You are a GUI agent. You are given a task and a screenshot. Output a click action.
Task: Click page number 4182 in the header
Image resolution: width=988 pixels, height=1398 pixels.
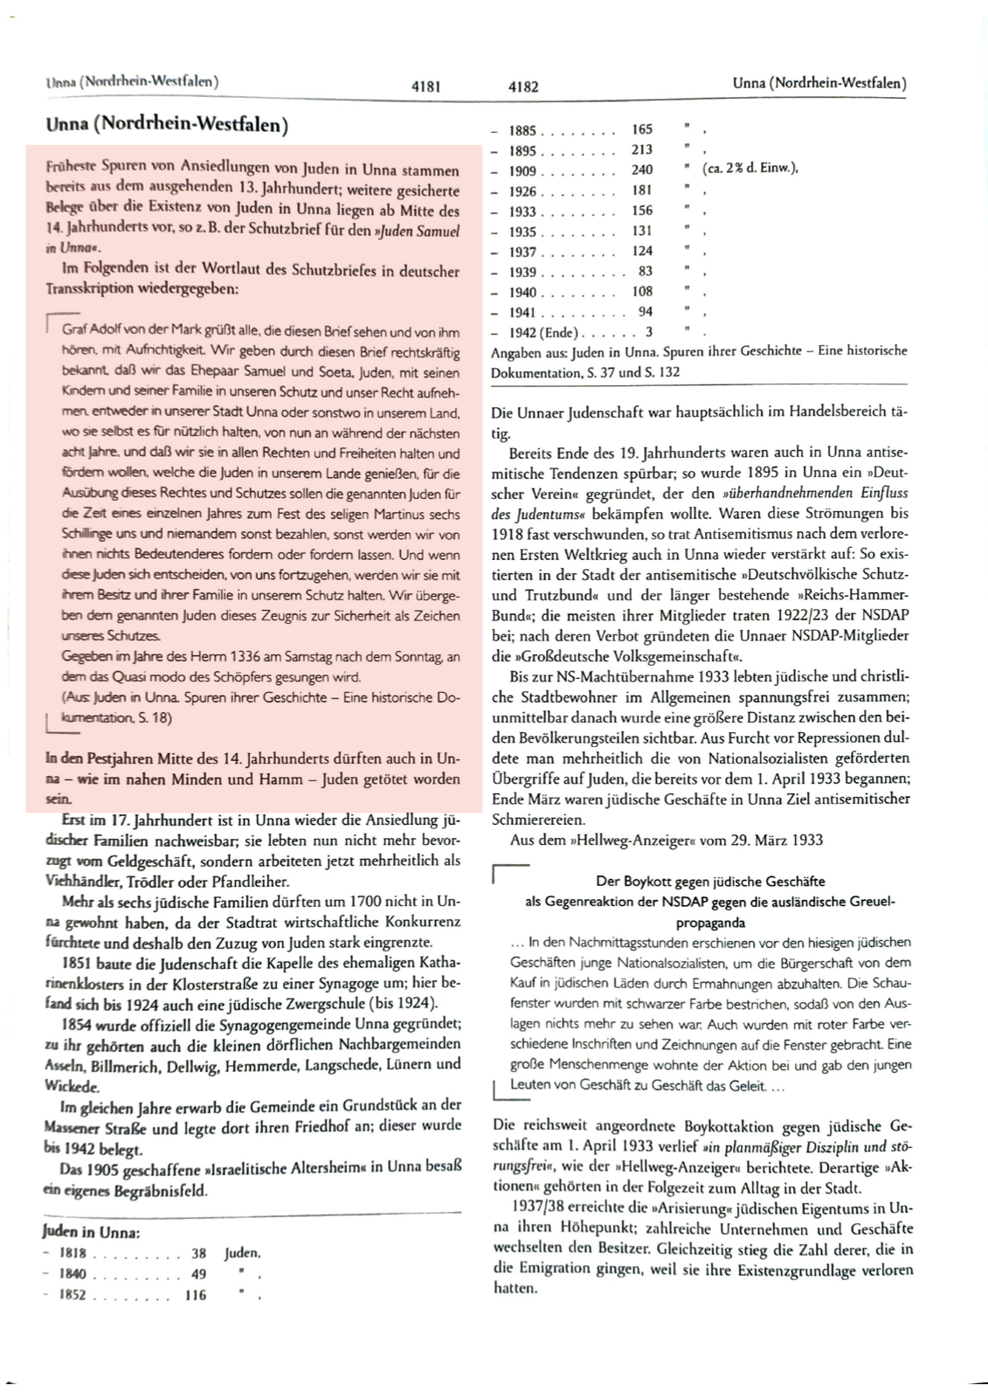(523, 87)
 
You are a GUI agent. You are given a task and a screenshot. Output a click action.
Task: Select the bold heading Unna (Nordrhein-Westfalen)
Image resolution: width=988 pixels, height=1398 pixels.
(167, 125)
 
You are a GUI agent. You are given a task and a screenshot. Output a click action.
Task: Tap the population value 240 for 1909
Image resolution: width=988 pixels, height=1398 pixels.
(642, 170)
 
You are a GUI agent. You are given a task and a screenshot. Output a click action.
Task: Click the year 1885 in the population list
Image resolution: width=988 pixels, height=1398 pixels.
(522, 130)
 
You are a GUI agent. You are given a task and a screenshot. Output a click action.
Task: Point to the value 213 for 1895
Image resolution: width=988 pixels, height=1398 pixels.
(642, 149)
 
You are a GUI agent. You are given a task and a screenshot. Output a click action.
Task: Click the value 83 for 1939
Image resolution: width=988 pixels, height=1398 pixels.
(646, 271)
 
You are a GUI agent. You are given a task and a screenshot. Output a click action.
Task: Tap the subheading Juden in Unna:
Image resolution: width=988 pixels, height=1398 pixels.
(92, 1232)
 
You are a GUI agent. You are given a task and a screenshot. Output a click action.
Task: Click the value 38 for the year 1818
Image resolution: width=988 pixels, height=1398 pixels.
(198, 1253)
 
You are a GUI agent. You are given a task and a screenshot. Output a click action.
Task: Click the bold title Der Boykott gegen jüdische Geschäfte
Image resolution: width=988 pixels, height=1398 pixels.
(710, 881)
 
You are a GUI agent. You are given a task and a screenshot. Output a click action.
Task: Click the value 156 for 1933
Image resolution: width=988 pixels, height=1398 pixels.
(642, 211)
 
